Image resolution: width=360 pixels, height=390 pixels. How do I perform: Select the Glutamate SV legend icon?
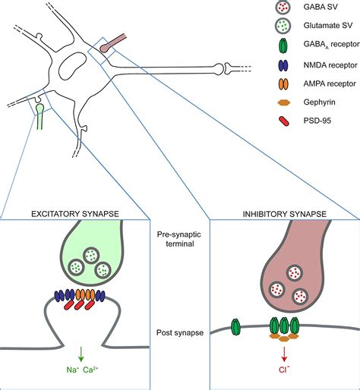[261, 36]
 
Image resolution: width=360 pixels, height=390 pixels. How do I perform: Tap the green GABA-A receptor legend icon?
[261, 61]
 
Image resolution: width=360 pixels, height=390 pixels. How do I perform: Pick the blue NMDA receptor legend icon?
[261, 85]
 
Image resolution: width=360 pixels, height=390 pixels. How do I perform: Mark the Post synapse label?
[179, 333]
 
